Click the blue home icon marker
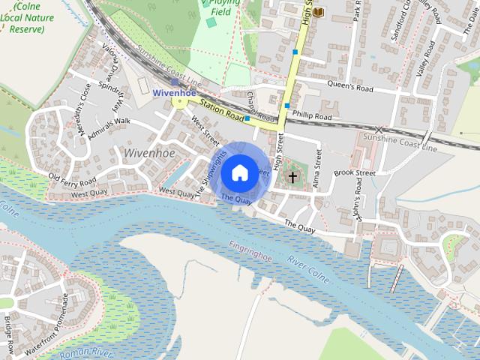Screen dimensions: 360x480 click(x=239, y=172)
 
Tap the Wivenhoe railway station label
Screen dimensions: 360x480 click(x=174, y=93)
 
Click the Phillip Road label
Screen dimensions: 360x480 click(x=313, y=117)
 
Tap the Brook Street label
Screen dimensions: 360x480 click(x=354, y=173)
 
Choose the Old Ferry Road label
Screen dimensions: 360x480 click(x=72, y=179)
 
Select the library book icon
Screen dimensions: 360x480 click(x=319, y=12)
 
